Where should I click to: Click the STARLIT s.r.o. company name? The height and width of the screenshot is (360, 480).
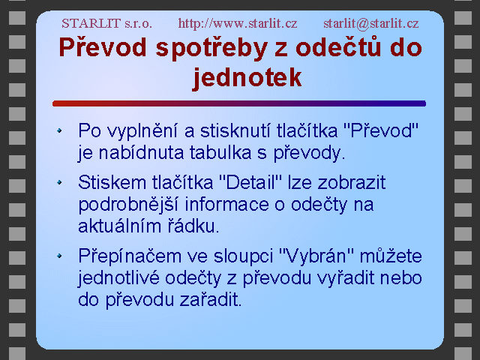pos(106,23)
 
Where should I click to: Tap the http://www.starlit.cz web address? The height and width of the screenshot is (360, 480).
pos(238,23)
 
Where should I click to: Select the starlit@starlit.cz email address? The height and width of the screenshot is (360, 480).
pos(371,23)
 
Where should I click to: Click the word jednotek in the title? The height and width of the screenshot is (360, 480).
pos(247,78)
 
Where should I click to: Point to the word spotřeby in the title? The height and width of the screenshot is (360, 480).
pos(211,49)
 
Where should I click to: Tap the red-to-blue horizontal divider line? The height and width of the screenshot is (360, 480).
pos(239,103)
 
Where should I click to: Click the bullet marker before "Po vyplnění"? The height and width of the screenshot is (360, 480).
pos(59,130)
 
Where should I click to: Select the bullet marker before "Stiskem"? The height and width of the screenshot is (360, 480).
pos(59,182)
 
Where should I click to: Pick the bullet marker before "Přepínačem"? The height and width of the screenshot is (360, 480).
pos(59,256)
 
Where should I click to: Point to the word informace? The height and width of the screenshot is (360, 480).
pos(226,204)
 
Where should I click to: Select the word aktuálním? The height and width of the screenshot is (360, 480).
pos(120,226)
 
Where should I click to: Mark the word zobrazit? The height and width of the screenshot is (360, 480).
pos(352,183)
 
